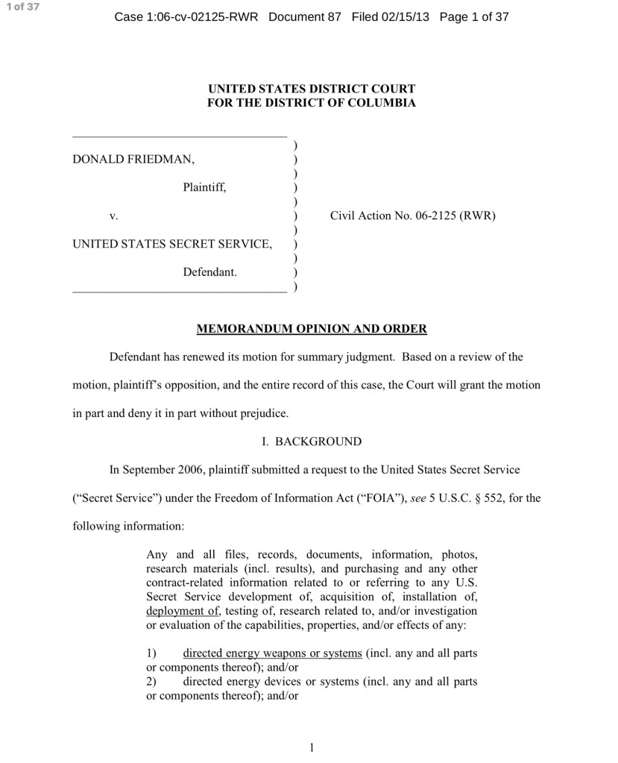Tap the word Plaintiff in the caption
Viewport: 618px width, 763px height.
[x=204, y=188]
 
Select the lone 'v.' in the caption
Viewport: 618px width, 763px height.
[x=114, y=216]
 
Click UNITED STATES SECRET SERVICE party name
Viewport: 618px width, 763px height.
[x=171, y=243]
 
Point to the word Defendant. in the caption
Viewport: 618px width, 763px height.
[x=209, y=272]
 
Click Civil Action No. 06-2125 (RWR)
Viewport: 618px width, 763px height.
[x=412, y=216]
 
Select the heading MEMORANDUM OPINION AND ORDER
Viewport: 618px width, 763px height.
[x=311, y=328]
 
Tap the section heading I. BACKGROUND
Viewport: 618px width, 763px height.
[x=311, y=442]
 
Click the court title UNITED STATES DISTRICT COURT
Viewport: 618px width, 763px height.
[x=311, y=89]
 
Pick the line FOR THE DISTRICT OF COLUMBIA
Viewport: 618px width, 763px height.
[x=311, y=103]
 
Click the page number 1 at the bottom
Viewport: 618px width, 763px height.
[x=311, y=747]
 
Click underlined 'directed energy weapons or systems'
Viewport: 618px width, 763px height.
[x=272, y=653]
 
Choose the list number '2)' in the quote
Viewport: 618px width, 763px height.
[x=151, y=682]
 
